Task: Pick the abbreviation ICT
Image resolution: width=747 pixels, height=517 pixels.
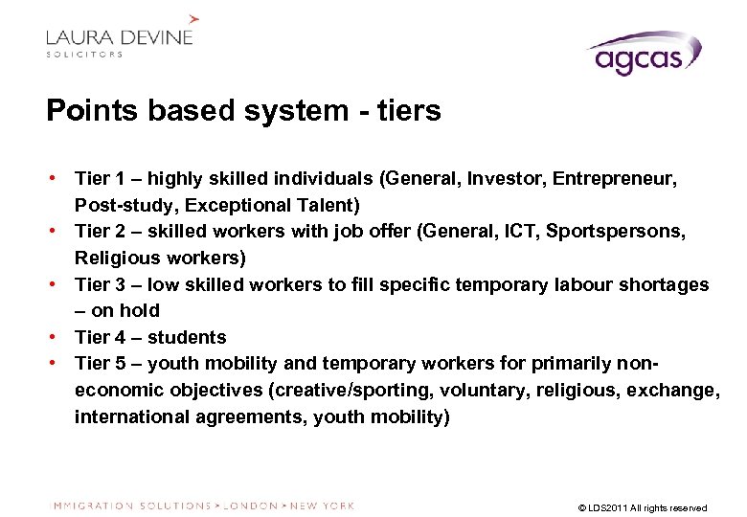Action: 514,232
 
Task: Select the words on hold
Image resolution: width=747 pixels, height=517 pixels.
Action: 126,310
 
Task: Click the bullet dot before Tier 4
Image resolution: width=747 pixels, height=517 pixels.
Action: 57,337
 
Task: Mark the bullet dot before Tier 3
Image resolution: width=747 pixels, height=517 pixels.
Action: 57,284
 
